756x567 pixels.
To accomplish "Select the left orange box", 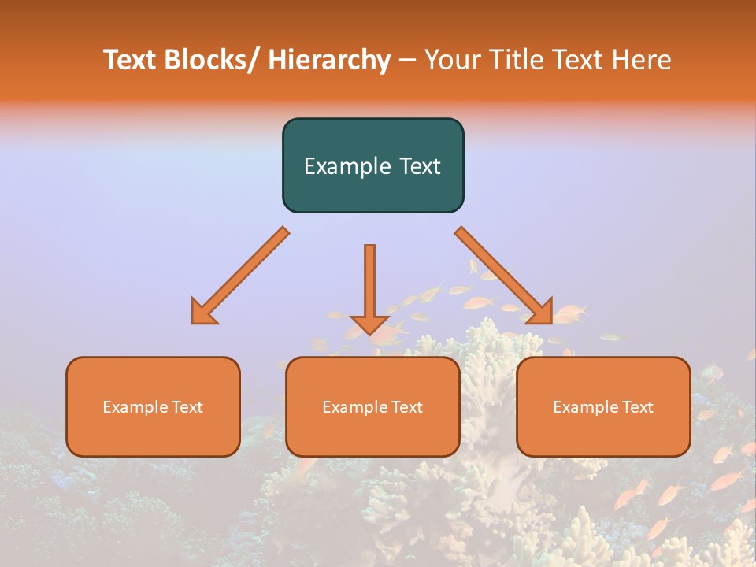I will pyautogui.click(x=153, y=406).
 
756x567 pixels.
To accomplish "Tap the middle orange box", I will pyautogui.click(x=372, y=406).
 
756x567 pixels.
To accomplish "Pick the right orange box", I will pyautogui.click(x=603, y=406).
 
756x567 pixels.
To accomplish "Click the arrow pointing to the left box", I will pyautogui.click(x=240, y=276).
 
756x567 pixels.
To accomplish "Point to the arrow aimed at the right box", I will pyautogui.click(x=504, y=276).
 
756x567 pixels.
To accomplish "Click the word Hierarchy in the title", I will pyautogui.click(x=329, y=60).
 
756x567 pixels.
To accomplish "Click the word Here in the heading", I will pyautogui.click(x=642, y=60).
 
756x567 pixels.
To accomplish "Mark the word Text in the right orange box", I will pyautogui.click(x=637, y=407).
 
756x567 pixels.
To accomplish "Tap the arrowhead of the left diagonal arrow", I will pyautogui.click(x=203, y=311).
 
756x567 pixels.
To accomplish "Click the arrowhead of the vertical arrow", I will pyautogui.click(x=369, y=324).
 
